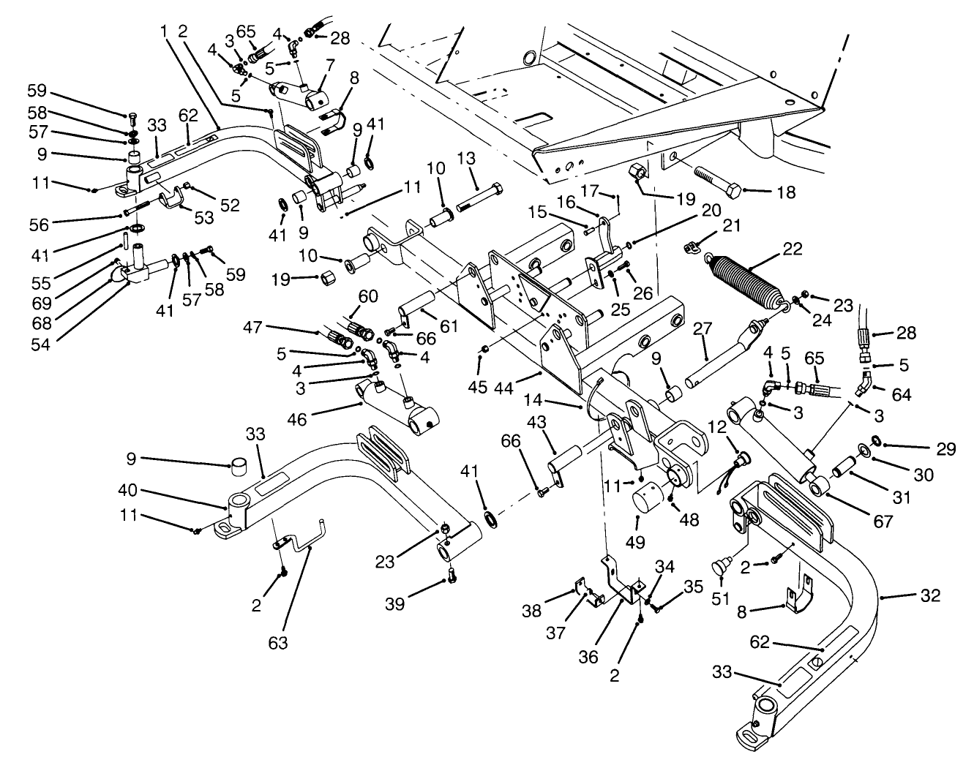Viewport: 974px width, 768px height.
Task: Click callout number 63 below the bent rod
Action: point(278,643)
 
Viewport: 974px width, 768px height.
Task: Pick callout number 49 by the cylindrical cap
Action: point(637,542)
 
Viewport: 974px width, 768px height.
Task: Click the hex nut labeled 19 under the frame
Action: point(636,172)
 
